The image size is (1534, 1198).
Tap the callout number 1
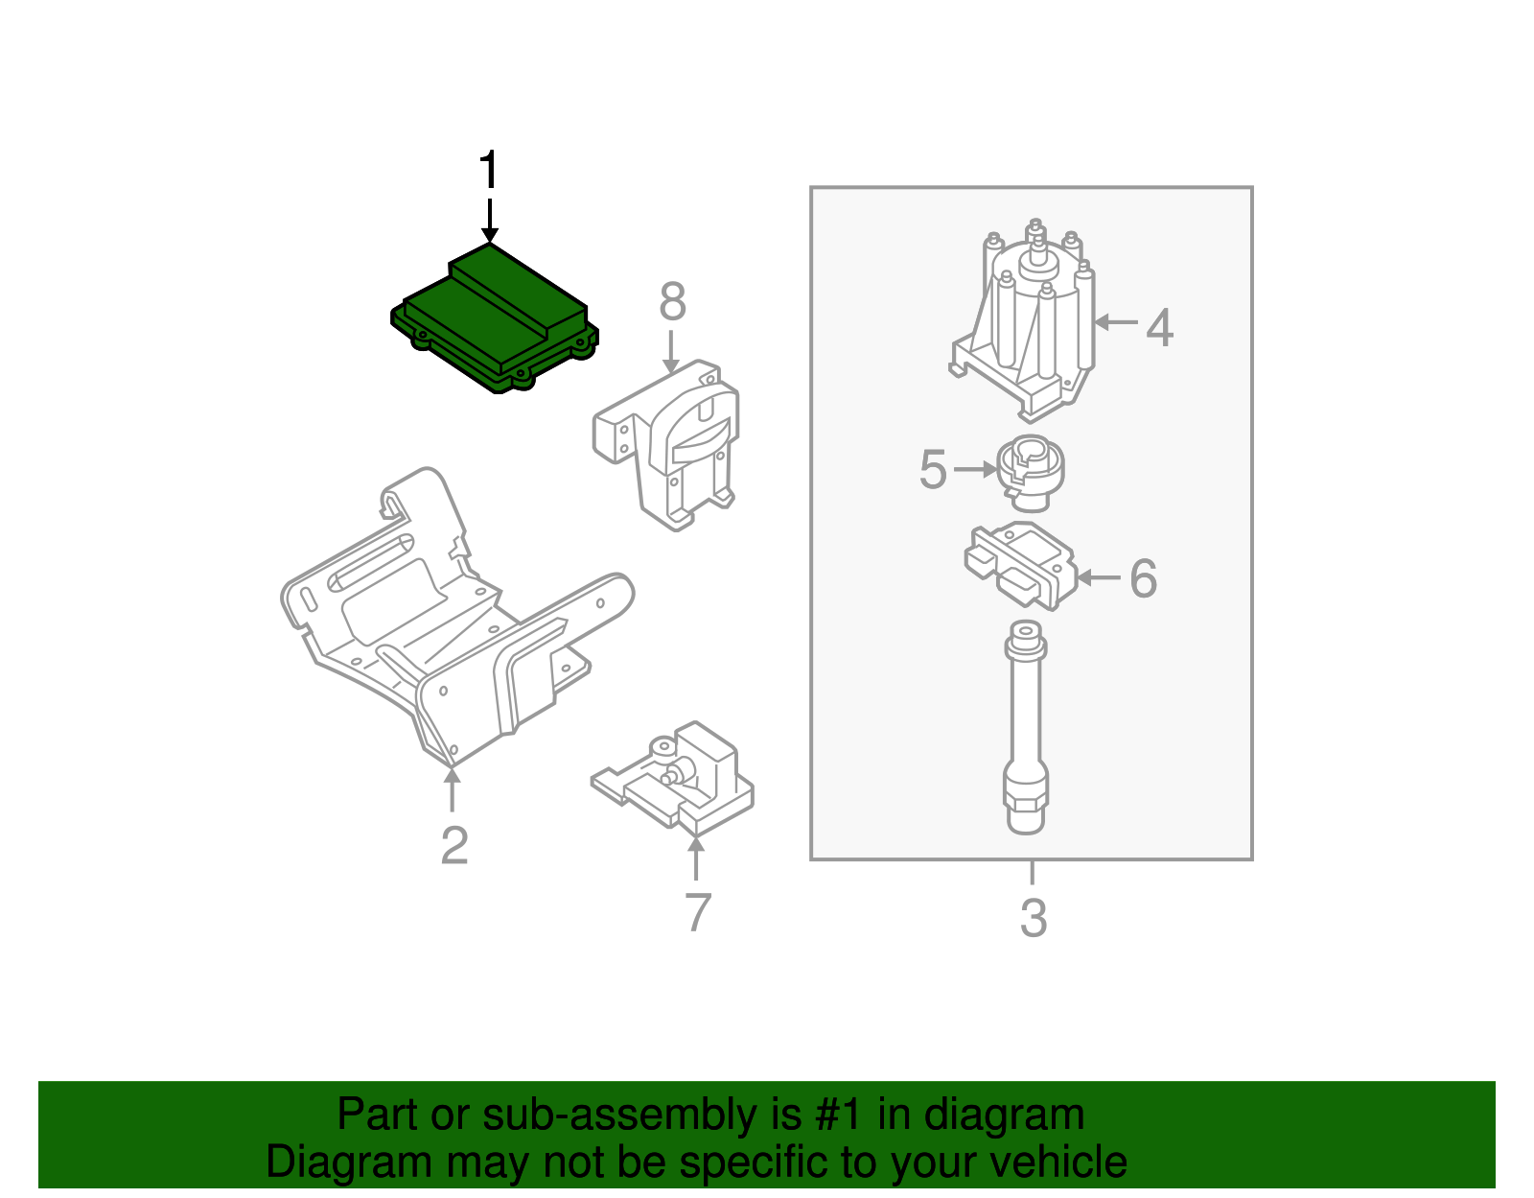tap(489, 171)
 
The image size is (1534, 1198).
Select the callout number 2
tap(454, 846)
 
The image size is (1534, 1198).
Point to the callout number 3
tap(1033, 918)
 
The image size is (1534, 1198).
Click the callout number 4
tap(1160, 328)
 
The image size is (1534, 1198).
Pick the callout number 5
tap(932, 470)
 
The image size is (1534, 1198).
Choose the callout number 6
tap(1143, 578)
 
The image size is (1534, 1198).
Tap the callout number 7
tap(698, 912)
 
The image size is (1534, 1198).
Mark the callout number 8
tap(672, 302)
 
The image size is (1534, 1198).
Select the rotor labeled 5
tap(1031, 472)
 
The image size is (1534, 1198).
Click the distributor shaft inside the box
tap(1025, 729)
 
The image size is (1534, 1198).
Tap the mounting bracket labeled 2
tap(451, 623)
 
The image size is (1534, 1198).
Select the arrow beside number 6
tap(1099, 577)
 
